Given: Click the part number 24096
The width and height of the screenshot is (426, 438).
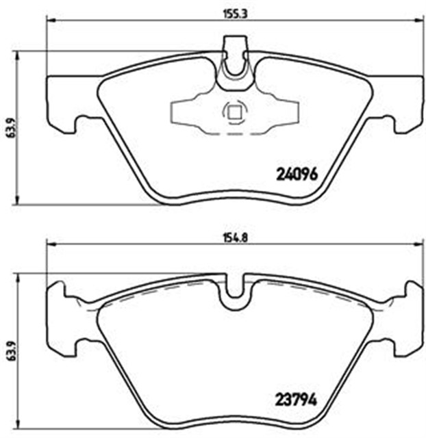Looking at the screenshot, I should [x=297, y=174].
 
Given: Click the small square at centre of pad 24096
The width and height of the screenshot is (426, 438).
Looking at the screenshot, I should [x=233, y=112].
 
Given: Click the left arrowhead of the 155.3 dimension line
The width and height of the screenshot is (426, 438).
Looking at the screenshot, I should [x=49, y=20].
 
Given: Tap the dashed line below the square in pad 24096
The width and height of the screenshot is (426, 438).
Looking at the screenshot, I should [x=233, y=133].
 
